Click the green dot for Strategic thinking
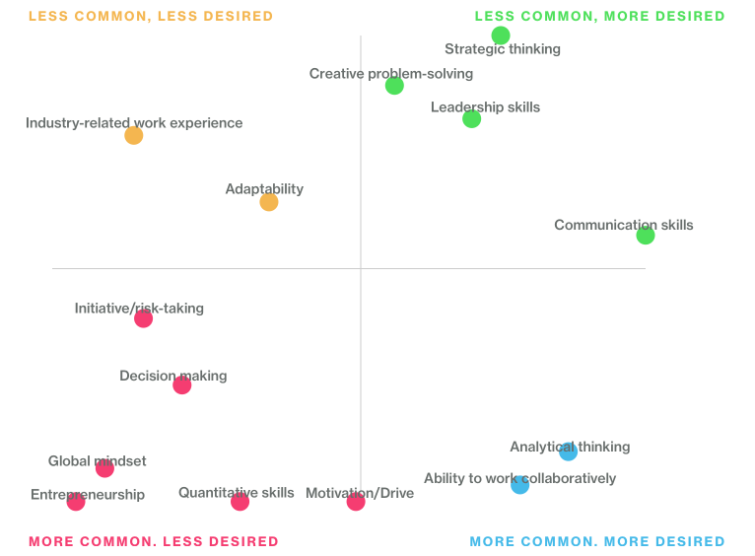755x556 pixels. coord(501,35)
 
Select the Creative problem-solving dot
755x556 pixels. coord(394,86)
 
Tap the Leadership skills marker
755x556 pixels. coord(472,119)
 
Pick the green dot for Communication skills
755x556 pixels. coord(646,236)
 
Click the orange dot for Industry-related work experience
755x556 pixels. coord(134,136)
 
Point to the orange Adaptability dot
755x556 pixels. coord(269,202)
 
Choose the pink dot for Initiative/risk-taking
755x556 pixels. coord(144,318)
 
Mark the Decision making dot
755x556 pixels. coord(182,385)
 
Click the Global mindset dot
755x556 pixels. coord(105,468)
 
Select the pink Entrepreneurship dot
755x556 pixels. coord(76,502)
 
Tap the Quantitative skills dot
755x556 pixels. coord(240,502)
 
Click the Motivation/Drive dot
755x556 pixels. coord(356,502)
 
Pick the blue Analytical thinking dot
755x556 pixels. coord(569,452)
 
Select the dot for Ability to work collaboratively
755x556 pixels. coord(520,485)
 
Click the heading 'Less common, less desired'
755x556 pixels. coord(151,17)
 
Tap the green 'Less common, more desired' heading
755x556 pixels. coord(599,17)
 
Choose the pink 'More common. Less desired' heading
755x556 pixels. coord(154,542)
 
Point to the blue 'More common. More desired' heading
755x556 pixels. coord(597,542)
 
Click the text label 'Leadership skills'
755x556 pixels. coord(485,107)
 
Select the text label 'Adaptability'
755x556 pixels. coord(264,189)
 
